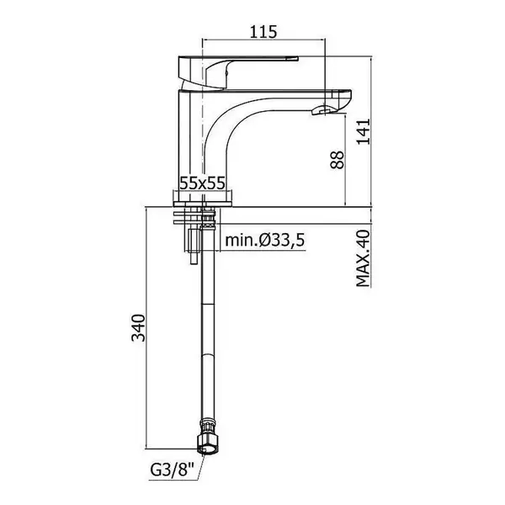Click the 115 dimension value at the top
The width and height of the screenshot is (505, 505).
tap(263, 32)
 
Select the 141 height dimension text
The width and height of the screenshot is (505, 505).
tap(364, 132)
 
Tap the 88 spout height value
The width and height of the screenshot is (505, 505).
tap(338, 160)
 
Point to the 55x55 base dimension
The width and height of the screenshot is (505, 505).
tap(202, 183)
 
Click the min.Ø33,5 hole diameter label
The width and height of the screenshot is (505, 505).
tap(265, 240)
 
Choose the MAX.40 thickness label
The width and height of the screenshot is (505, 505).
tap(364, 258)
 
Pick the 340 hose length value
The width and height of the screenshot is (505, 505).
tap(139, 327)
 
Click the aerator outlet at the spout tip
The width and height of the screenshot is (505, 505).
tap(323, 110)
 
